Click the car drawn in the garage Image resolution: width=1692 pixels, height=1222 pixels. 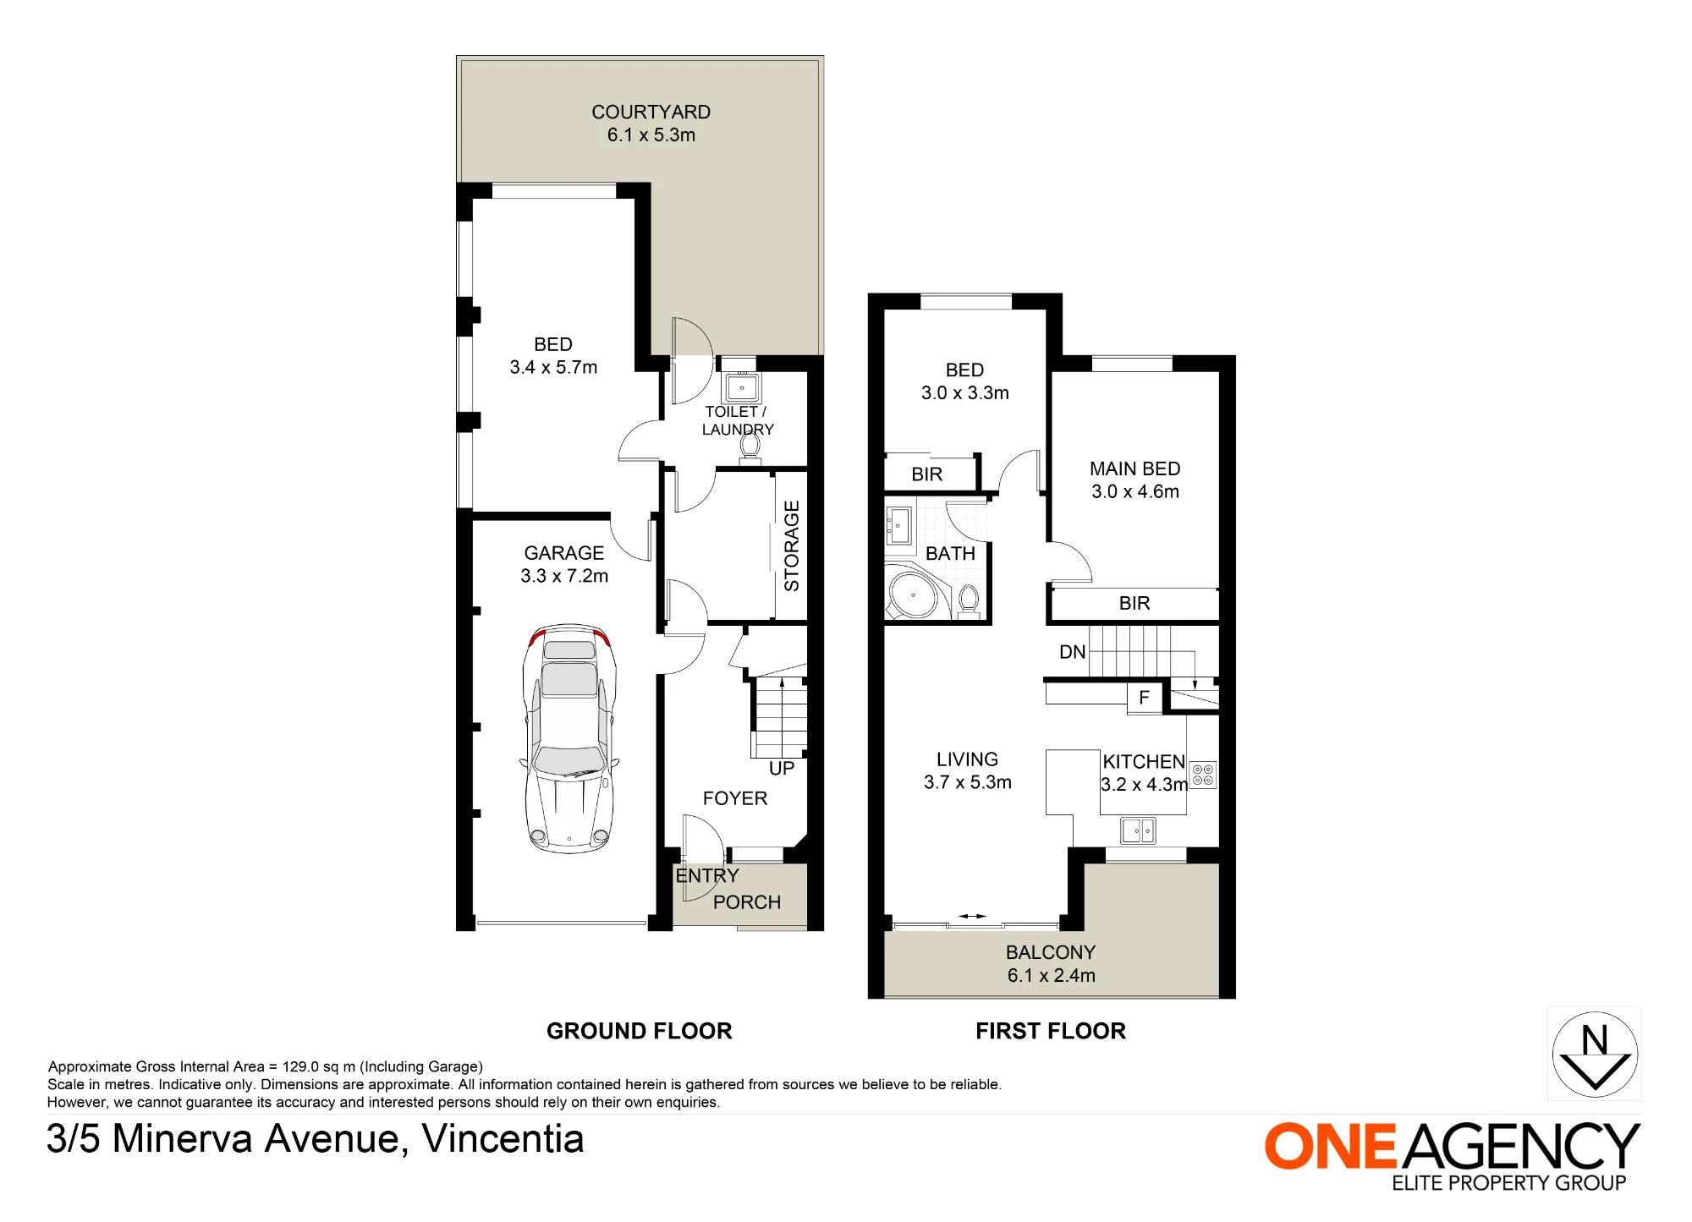click(569, 738)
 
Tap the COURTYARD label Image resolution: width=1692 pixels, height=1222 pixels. click(651, 112)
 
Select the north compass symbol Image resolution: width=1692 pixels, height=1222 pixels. click(1595, 1054)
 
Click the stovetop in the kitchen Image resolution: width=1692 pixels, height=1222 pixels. click(1203, 775)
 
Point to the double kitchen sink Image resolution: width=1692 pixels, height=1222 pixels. click(1138, 830)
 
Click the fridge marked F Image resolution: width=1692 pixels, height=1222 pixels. click(1145, 698)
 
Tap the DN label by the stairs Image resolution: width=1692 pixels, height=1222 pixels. click(1072, 652)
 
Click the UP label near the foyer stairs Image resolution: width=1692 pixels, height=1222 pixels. click(782, 768)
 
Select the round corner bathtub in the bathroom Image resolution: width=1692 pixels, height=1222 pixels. click(913, 595)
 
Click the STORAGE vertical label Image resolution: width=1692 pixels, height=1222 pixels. click(792, 545)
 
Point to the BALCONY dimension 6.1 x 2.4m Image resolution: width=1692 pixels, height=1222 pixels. click(1051, 975)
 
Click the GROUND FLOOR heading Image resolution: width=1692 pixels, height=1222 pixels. click(640, 1031)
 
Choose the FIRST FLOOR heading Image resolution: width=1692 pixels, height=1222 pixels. click(1051, 1031)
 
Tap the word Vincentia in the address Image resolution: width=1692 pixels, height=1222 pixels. click(503, 1138)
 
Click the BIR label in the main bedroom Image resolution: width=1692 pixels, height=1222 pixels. click(1134, 603)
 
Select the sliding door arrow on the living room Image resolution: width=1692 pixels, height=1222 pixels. click(973, 916)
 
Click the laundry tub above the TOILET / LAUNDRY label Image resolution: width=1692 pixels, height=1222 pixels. click(742, 387)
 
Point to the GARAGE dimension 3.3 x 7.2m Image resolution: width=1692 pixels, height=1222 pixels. click(564, 576)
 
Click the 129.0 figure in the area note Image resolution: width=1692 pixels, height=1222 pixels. click(300, 1066)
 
